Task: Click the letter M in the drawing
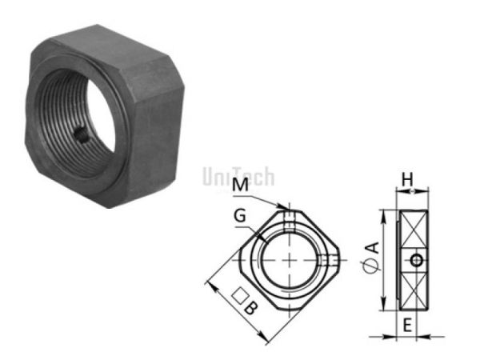tap(238, 186)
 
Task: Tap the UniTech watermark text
tap(238, 174)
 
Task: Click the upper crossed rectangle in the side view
tap(416, 230)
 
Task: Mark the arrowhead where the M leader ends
tap(285, 210)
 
